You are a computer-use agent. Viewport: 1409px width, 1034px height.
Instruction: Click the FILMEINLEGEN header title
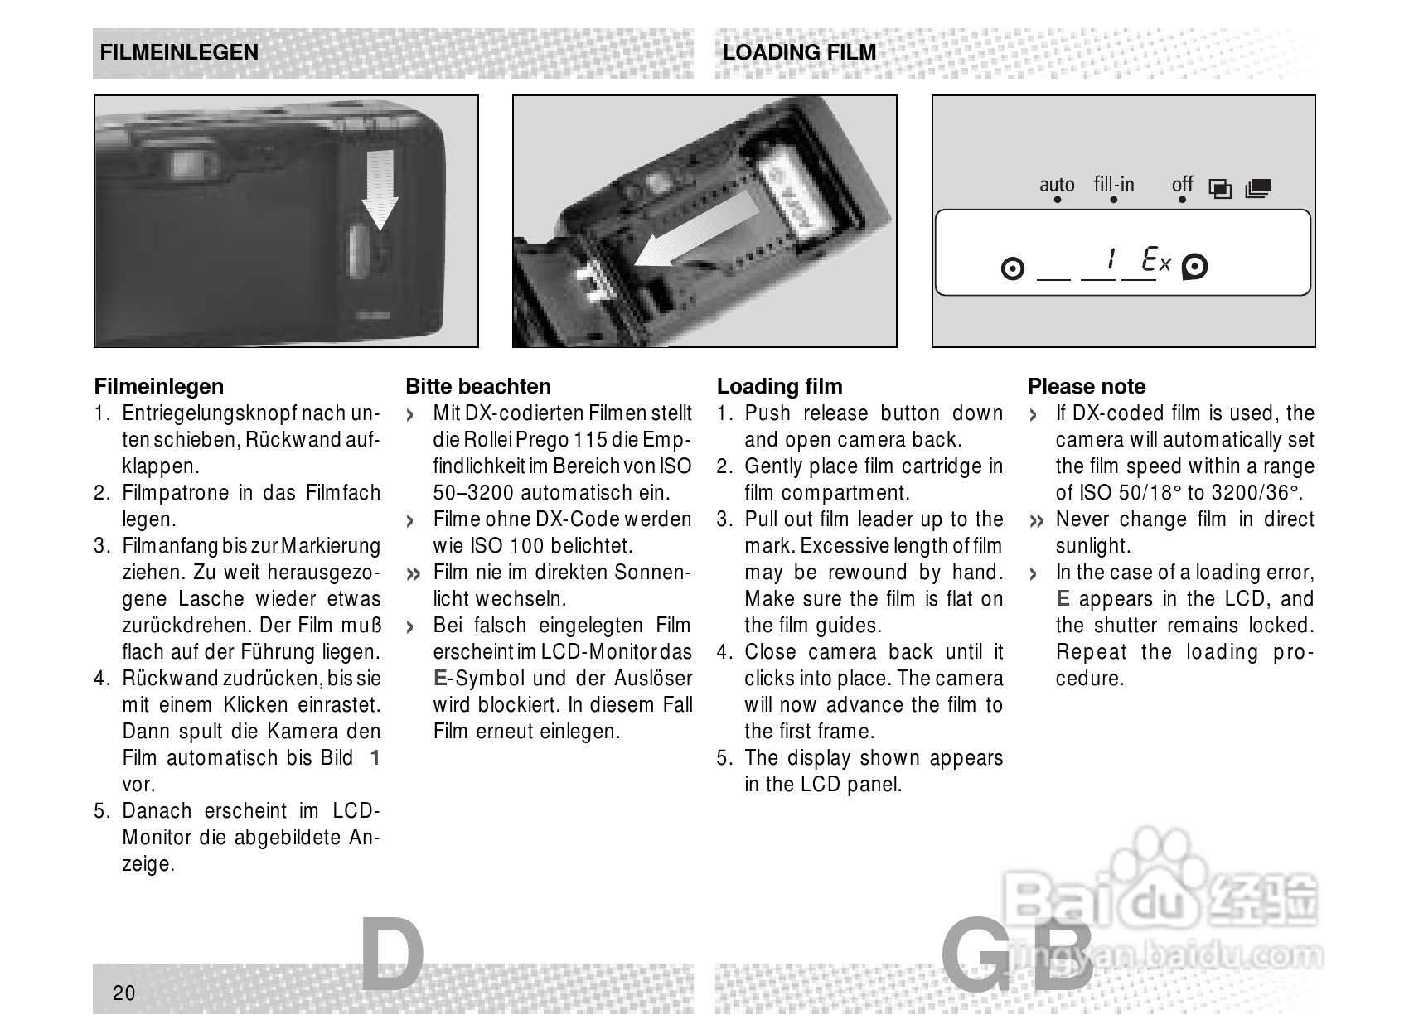click(x=179, y=52)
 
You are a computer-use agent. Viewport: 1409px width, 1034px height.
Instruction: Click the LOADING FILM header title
click(x=799, y=52)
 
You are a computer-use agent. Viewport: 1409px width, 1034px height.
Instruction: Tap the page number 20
click(x=123, y=993)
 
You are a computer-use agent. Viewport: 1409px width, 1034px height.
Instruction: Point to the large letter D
click(x=393, y=955)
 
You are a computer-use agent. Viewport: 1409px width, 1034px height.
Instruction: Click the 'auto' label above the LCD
click(x=1057, y=185)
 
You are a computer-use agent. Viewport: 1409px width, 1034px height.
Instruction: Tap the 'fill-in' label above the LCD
click(x=1113, y=184)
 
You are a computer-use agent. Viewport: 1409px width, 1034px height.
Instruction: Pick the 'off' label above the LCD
click(x=1182, y=184)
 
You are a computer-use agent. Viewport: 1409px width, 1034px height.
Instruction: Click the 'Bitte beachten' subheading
click(x=478, y=386)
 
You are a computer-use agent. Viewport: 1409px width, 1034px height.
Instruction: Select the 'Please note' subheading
click(x=1087, y=386)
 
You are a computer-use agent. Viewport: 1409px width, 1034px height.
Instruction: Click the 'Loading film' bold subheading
click(x=779, y=386)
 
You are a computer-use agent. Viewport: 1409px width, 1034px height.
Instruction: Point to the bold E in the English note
click(x=1063, y=599)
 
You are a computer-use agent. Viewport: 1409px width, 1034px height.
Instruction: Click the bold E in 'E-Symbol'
click(x=439, y=679)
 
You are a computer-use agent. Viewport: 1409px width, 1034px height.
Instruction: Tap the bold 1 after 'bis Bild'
click(x=375, y=758)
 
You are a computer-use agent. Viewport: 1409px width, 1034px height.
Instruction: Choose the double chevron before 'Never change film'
click(x=1036, y=521)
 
